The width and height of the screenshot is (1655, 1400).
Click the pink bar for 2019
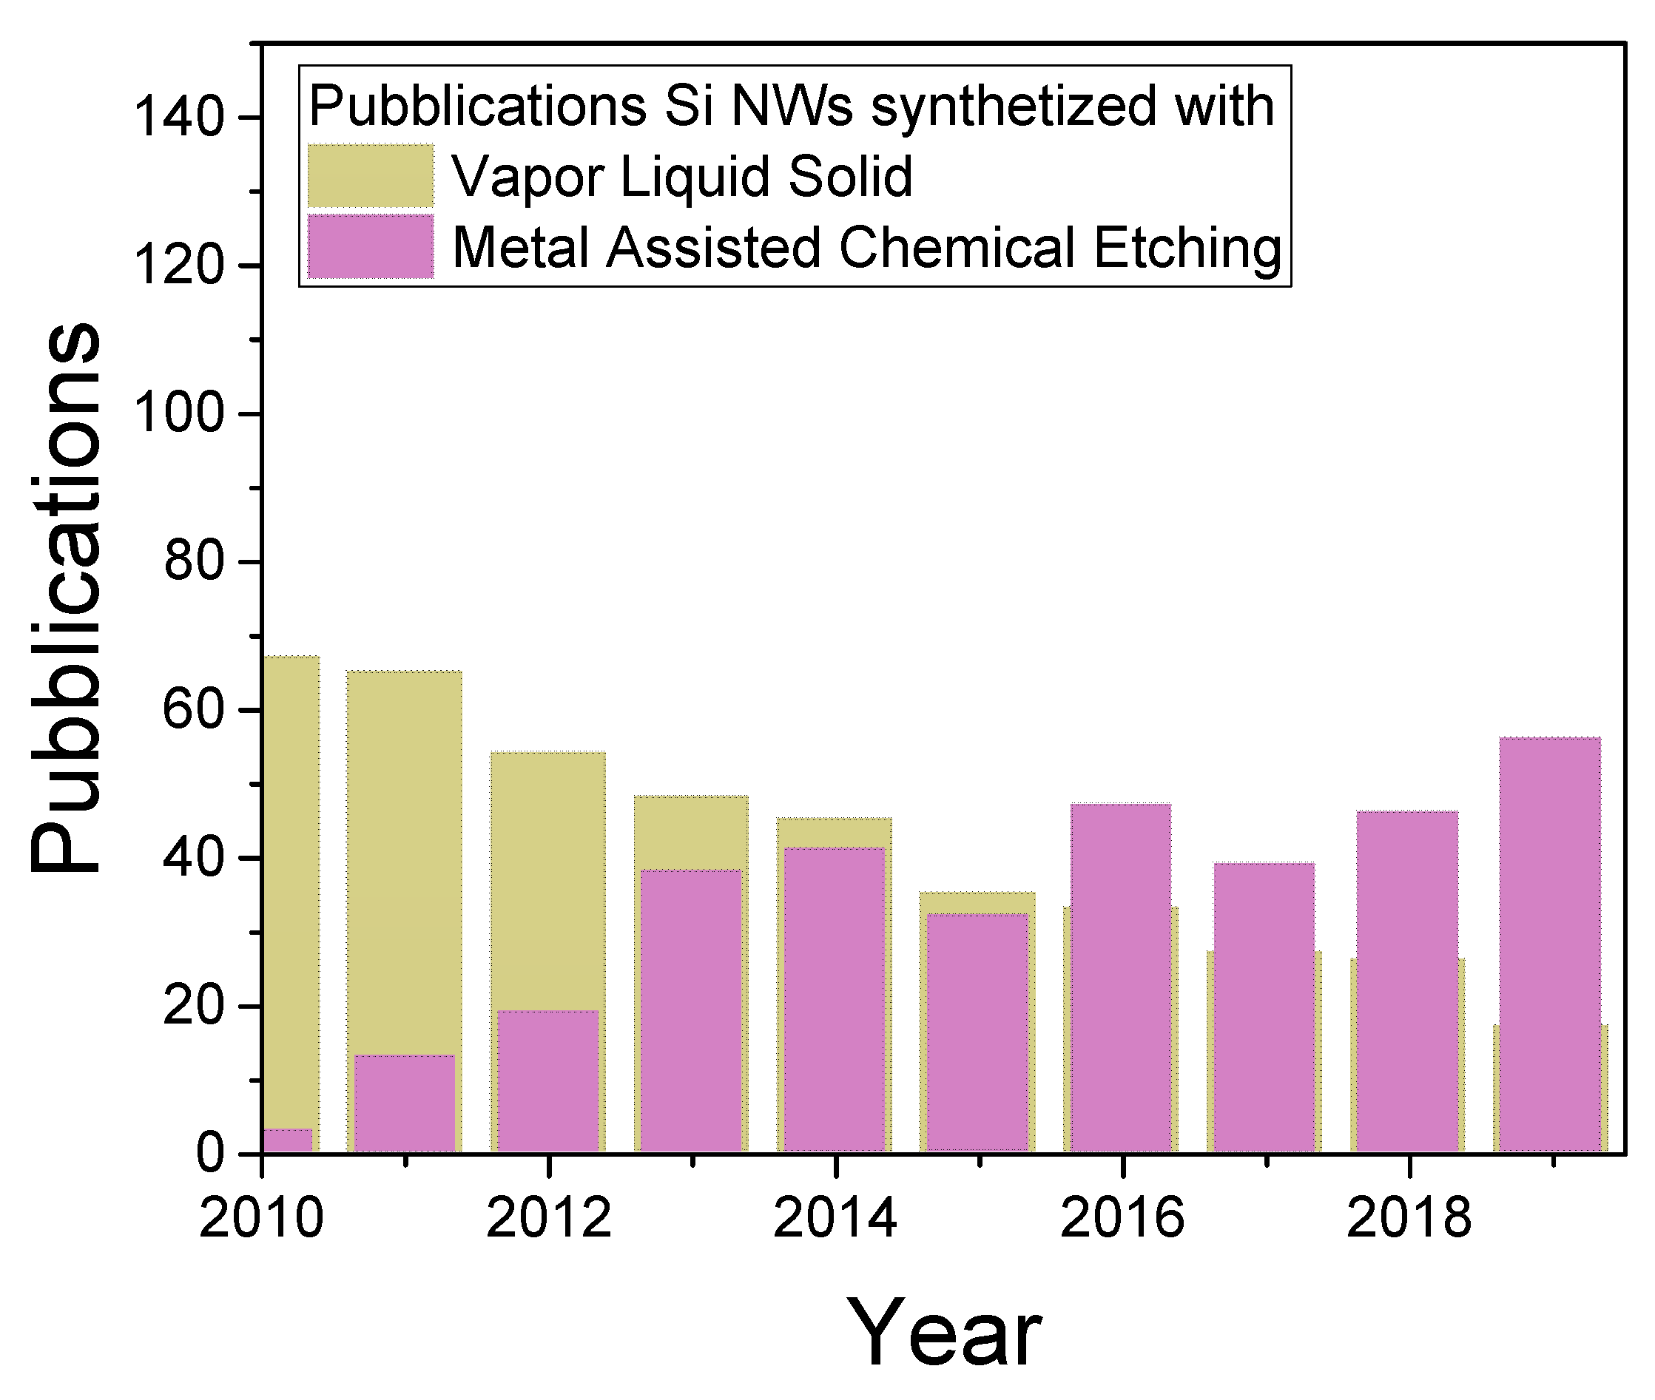[1548, 944]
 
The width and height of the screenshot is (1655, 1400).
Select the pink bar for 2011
[405, 1103]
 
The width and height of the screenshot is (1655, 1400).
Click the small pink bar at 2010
[287, 1140]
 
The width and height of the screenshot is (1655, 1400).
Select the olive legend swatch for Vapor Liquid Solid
[371, 175]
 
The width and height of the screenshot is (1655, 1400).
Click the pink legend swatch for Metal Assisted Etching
[371, 246]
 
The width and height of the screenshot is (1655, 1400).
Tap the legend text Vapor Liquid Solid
[682, 176]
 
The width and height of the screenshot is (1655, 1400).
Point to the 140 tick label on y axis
[179, 118]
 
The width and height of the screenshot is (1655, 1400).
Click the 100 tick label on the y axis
[179, 413]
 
